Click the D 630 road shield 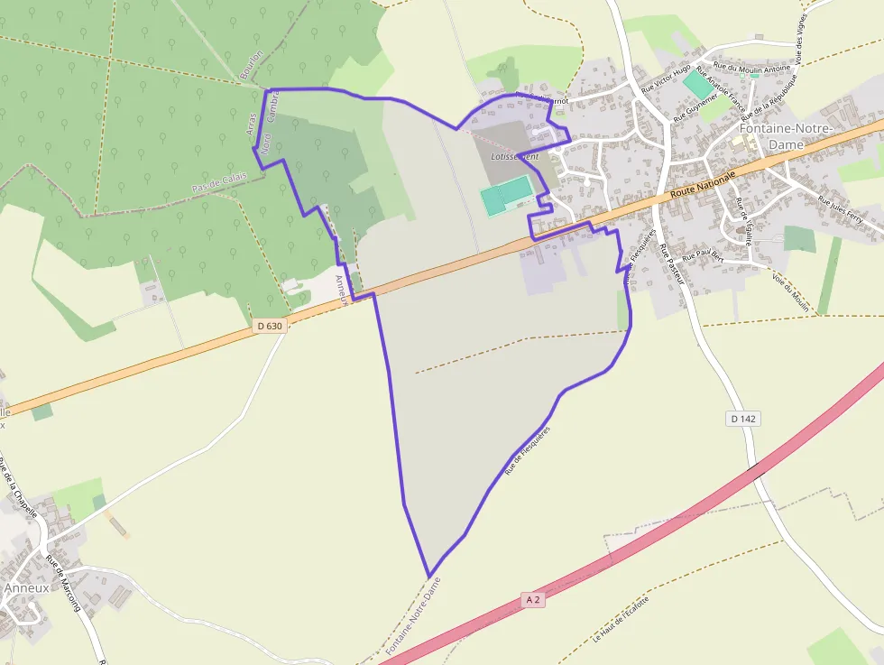[x=269, y=327]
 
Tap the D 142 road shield [x=742, y=419]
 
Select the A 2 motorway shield [x=533, y=600]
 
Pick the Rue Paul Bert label [x=704, y=257]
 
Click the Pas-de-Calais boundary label [x=219, y=181]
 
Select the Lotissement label [x=514, y=156]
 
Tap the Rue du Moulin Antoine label [x=751, y=67]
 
